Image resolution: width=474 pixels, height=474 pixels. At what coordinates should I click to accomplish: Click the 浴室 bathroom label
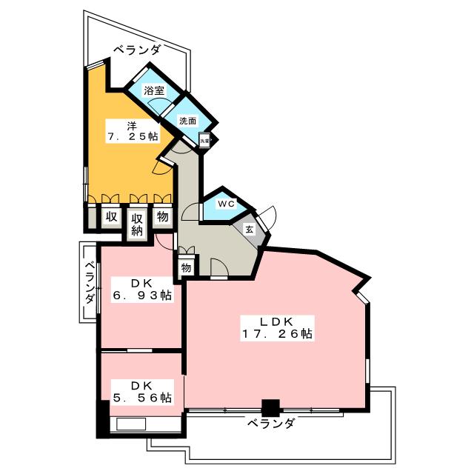[153, 91]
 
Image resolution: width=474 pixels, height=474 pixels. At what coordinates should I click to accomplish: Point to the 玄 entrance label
[250, 230]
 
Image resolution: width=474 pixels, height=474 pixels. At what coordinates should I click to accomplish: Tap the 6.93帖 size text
[141, 296]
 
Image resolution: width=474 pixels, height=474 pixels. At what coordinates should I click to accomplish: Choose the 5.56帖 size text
[141, 398]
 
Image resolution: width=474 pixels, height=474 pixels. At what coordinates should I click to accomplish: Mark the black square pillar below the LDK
[271, 407]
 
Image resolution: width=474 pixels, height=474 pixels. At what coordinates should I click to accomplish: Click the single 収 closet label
[111, 217]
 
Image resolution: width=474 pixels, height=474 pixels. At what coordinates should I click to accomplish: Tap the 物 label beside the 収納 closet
[162, 217]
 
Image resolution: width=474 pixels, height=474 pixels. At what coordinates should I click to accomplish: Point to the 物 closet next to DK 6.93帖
[186, 267]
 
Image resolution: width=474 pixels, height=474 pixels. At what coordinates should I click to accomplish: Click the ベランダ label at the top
[136, 50]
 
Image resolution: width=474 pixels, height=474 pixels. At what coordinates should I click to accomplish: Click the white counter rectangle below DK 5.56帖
[130, 424]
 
